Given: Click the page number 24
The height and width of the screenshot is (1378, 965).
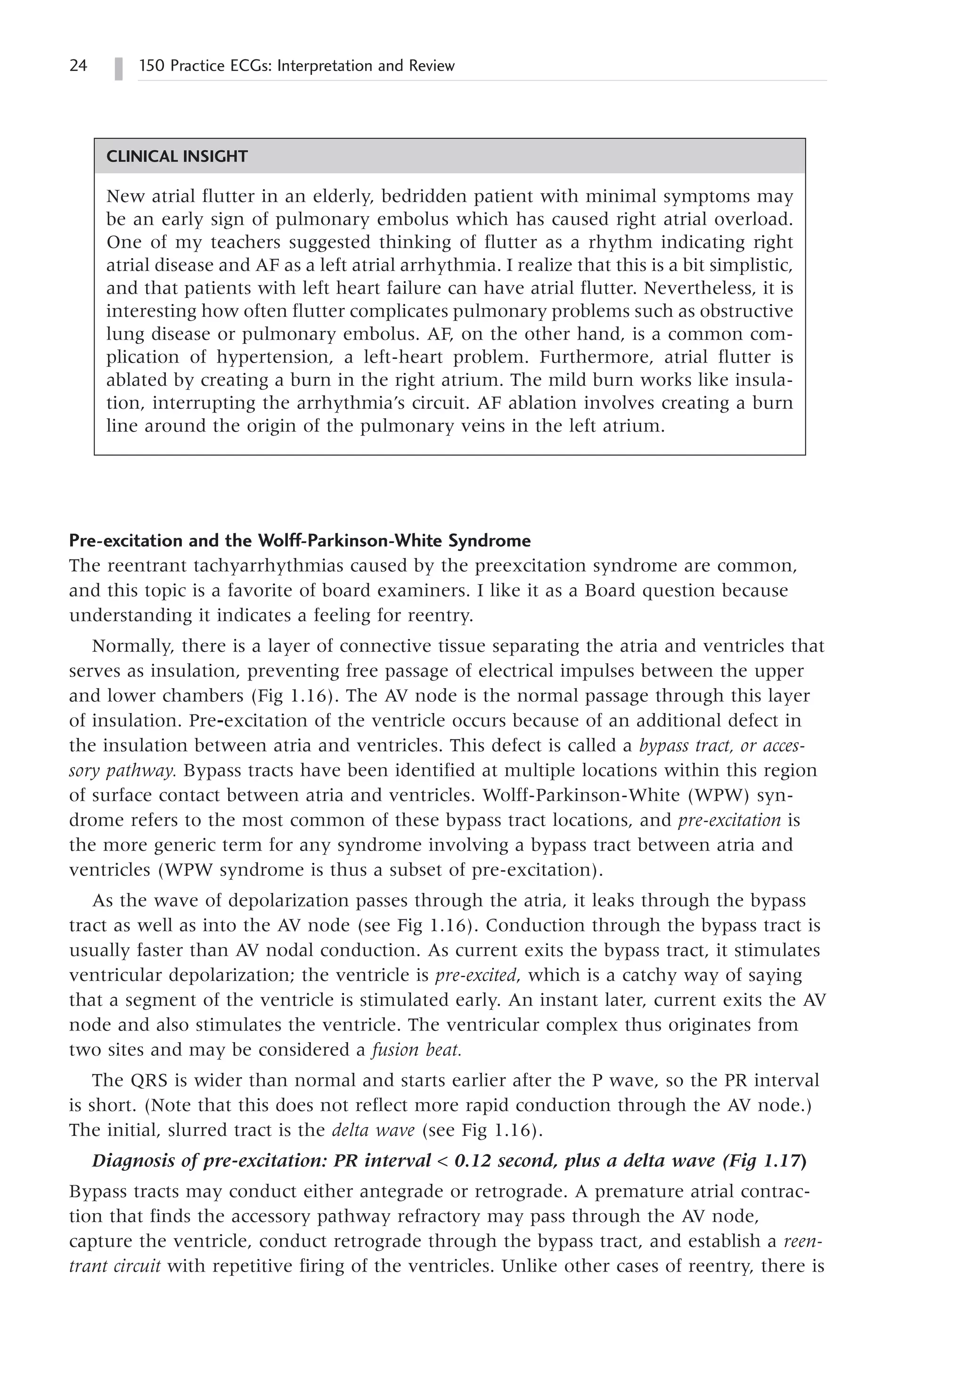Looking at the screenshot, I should pos(78,65).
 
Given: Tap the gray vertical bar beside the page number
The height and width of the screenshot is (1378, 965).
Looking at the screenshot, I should pos(119,68).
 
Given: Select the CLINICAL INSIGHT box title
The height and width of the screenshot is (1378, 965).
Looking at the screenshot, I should pos(177,157).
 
